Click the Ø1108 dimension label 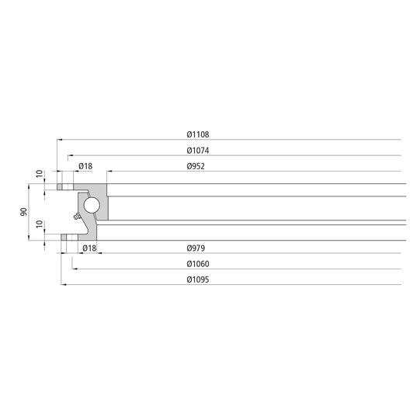coord(199,134)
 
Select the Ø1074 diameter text coord(199,150)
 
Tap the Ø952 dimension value coord(196,166)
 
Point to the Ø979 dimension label coord(196,248)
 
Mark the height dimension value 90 coord(24,211)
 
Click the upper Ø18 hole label coord(85,166)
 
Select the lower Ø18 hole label coord(89,248)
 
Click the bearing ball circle coord(92,205)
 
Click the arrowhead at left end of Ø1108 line coord(58,140)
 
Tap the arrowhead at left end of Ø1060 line coord(74,269)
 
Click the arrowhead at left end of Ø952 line coord(108,172)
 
